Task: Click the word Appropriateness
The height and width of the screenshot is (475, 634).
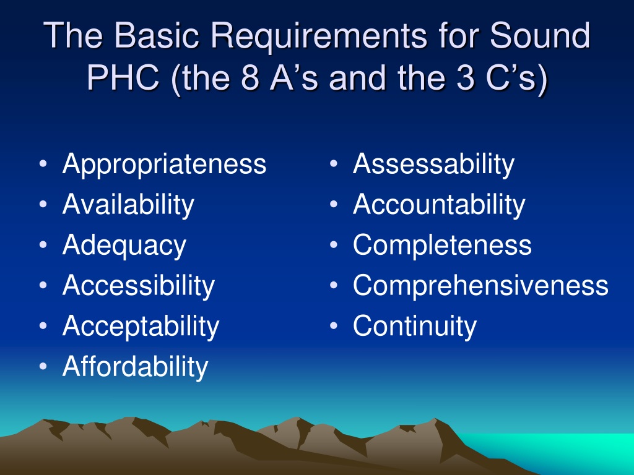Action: coord(164,165)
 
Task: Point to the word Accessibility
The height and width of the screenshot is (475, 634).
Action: coord(138,286)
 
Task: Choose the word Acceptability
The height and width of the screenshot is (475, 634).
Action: coord(141,327)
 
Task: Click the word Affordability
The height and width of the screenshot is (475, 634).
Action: coord(135,367)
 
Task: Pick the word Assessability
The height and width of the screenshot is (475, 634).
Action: coord(433,165)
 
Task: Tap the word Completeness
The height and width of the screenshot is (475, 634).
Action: coord(442,245)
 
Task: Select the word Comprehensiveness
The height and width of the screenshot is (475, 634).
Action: coord(480,286)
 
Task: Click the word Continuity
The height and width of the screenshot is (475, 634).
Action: coord(415,327)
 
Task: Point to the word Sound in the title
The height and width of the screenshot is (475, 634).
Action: coord(540,35)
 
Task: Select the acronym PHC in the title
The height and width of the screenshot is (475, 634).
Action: coord(123,77)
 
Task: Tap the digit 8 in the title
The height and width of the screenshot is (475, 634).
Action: coord(250,77)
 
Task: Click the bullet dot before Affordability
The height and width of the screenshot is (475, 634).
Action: coord(43,366)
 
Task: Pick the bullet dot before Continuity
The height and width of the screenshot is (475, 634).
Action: coord(334,326)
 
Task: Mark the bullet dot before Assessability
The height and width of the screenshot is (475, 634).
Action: coord(334,164)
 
